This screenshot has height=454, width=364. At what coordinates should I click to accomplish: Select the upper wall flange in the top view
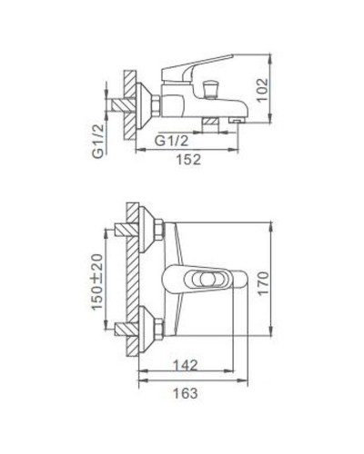coord(137,229)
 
